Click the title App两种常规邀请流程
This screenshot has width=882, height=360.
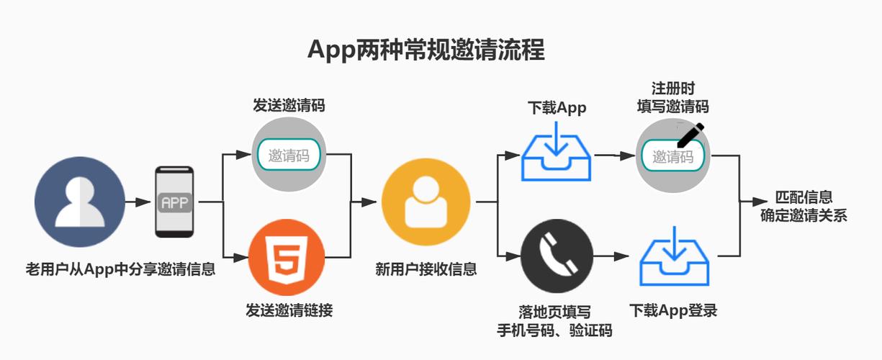tap(426, 50)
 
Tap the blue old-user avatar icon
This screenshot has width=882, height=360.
tap(80, 202)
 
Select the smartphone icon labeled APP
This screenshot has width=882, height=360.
tap(175, 202)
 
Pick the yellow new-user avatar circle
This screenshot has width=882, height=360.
tap(426, 202)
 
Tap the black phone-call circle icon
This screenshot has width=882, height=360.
tap(557, 256)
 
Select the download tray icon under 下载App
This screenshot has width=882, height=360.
tap(557, 153)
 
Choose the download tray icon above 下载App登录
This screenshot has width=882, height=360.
tap(674, 257)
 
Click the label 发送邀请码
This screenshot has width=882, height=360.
tap(288, 105)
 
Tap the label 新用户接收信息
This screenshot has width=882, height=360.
tap(426, 270)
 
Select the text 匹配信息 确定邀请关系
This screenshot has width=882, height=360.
tap(804, 206)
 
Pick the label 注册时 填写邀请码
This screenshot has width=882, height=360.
tap(672, 98)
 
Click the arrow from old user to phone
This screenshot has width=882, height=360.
tap(138, 202)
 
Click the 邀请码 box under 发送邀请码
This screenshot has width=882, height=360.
tap(288, 155)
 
